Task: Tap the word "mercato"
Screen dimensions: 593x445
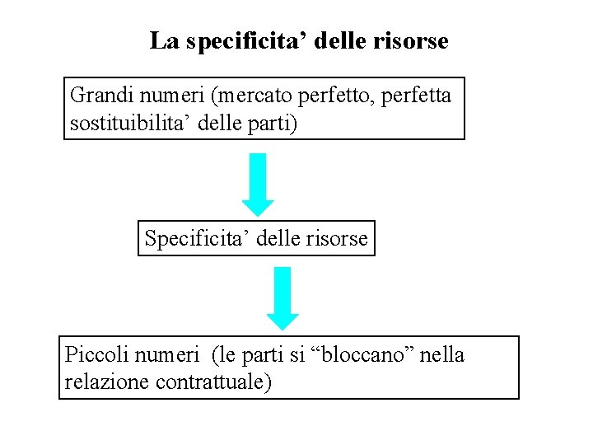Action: [x=254, y=96]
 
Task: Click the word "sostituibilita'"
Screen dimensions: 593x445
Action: [x=131, y=125]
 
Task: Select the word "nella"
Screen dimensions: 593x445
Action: [x=444, y=355]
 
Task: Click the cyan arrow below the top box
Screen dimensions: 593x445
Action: [x=258, y=184]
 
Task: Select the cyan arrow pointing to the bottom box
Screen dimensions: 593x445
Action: [x=282, y=297]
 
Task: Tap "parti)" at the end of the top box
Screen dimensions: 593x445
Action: [x=282, y=125]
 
